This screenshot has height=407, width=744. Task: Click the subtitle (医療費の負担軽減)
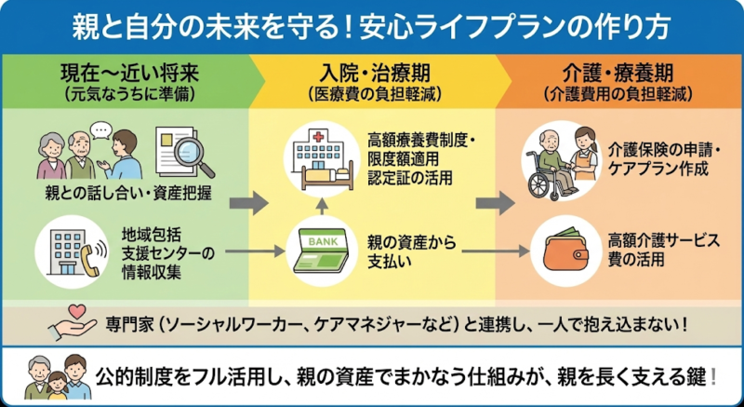tap(373, 94)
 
